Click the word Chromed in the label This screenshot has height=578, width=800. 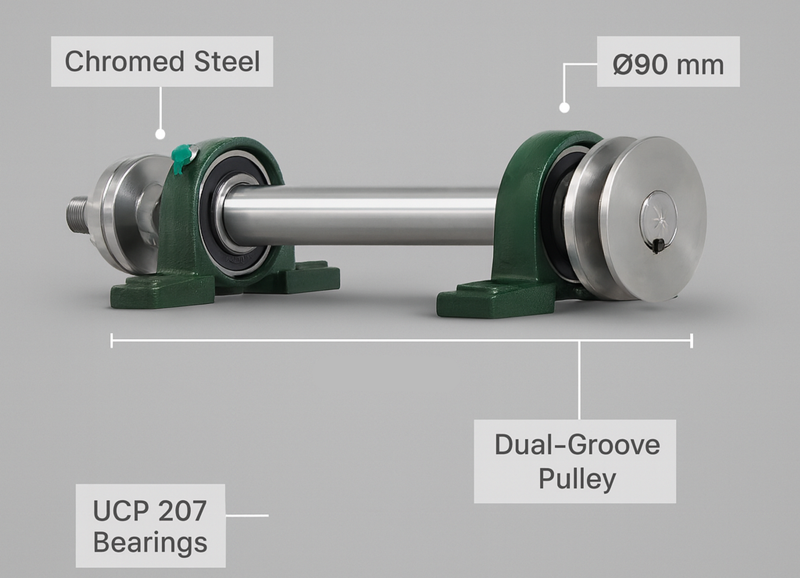[124, 62]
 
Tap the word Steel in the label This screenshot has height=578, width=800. [227, 62]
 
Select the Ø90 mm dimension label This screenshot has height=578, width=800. [668, 65]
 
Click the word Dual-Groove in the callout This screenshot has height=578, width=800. [577, 444]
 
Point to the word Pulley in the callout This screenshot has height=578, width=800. [577, 478]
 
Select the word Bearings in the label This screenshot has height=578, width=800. [150, 543]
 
